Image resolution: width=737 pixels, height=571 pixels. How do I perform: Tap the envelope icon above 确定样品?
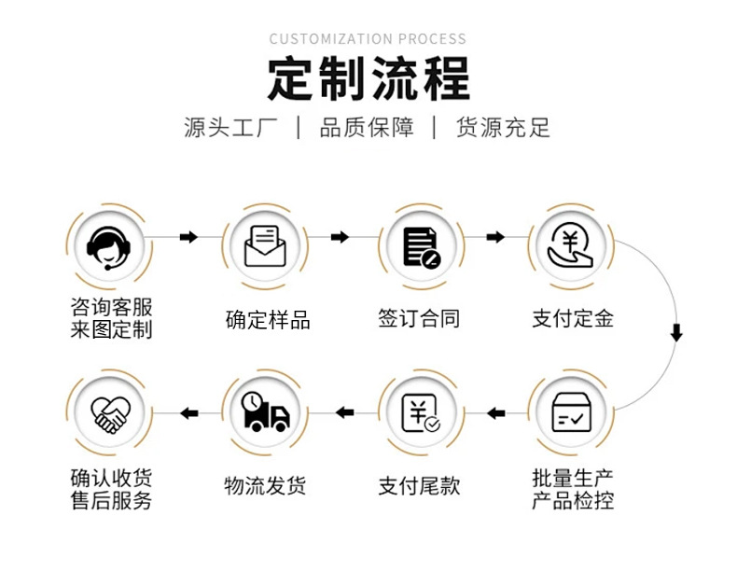click(x=265, y=246)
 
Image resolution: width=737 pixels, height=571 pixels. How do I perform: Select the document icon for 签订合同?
click(x=422, y=247)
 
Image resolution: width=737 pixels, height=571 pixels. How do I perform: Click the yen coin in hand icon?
click(x=571, y=245)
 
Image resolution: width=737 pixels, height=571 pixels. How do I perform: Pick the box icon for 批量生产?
click(x=571, y=412)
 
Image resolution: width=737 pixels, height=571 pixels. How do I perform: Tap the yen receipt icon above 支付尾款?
click(x=421, y=413)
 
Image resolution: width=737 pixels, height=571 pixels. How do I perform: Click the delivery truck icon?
click(x=266, y=411)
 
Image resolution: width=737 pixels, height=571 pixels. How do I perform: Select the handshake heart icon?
click(x=110, y=414)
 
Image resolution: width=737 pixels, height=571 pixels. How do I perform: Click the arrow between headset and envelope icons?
click(x=189, y=237)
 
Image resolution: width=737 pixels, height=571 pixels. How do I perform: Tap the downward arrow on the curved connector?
click(x=676, y=332)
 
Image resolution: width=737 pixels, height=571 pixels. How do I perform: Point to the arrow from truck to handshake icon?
click(x=189, y=413)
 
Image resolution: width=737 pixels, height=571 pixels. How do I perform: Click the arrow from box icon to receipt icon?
click(x=496, y=413)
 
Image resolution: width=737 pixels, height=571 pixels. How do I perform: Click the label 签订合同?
click(x=419, y=319)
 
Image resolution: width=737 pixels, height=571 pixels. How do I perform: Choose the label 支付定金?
click(x=573, y=319)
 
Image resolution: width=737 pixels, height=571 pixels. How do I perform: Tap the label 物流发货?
click(x=265, y=485)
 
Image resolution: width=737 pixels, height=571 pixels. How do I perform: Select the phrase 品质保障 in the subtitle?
click(x=367, y=128)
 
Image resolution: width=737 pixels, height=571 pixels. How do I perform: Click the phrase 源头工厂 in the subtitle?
click(x=230, y=128)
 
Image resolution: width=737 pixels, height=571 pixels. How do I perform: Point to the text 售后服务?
click(x=111, y=500)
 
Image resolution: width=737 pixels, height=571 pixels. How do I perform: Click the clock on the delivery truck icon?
click(x=253, y=402)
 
